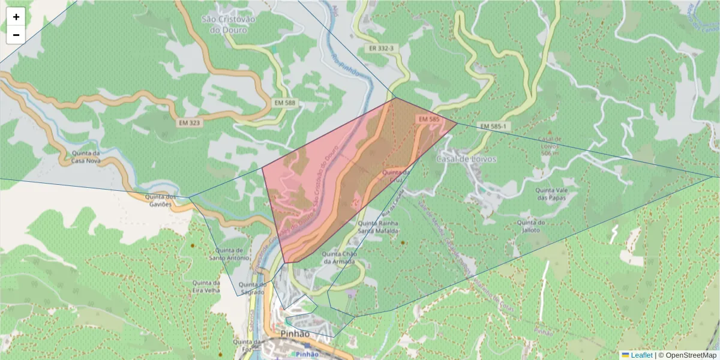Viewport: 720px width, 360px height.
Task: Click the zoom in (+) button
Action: (16, 17)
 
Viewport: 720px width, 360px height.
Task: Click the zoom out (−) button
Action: (16, 35)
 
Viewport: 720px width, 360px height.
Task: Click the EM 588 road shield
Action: (285, 103)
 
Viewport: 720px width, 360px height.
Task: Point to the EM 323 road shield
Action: (190, 122)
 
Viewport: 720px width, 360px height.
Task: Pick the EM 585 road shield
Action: (429, 119)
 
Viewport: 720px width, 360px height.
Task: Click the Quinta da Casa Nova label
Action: (85, 157)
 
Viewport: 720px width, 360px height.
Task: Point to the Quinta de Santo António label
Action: (229, 254)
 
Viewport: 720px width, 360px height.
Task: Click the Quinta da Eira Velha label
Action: (206, 286)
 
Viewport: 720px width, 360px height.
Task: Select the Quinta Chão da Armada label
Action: (340, 257)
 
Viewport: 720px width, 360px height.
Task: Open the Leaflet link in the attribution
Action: (641, 355)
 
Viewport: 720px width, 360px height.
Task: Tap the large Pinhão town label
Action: (295, 334)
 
